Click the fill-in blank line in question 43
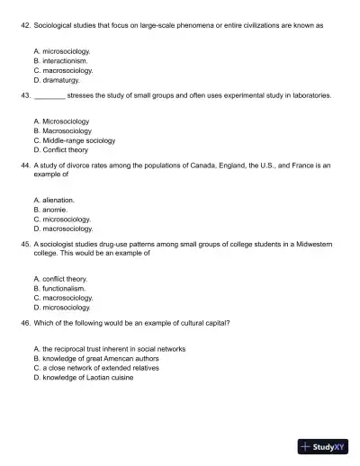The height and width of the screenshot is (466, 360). pos(49,94)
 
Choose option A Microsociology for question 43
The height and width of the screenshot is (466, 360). pos(60,120)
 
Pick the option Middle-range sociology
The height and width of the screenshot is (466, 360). pos(74,140)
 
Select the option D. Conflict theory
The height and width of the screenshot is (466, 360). pos(59,150)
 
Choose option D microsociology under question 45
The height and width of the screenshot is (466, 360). pos(61,307)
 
